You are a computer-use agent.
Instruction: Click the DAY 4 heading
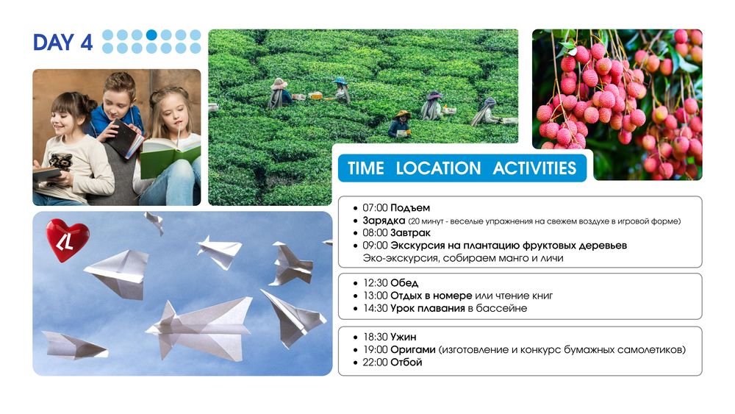click(x=62, y=42)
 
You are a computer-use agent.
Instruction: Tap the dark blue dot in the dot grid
click(x=151, y=35)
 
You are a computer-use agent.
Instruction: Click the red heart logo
click(x=68, y=240)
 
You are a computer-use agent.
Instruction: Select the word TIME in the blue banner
click(x=365, y=168)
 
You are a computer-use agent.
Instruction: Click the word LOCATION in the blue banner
click(x=438, y=168)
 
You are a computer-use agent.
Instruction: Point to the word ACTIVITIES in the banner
click(x=534, y=168)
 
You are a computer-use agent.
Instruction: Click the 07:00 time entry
click(x=375, y=207)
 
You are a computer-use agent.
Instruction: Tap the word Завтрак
click(x=410, y=232)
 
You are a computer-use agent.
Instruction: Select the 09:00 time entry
click(x=375, y=245)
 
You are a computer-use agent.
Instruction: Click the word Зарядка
click(x=384, y=221)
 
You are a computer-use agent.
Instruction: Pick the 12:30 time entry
click(x=375, y=282)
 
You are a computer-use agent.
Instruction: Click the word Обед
click(x=404, y=282)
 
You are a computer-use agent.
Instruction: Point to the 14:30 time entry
click(x=375, y=308)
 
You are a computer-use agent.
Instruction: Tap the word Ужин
click(x=403, y=337)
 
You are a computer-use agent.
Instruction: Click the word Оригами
click(x=413, y=349)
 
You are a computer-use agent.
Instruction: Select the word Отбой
click(x=406, y=362)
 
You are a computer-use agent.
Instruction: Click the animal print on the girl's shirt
click(x=61, y=162)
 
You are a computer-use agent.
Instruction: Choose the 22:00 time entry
click(x=375, y=362)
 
